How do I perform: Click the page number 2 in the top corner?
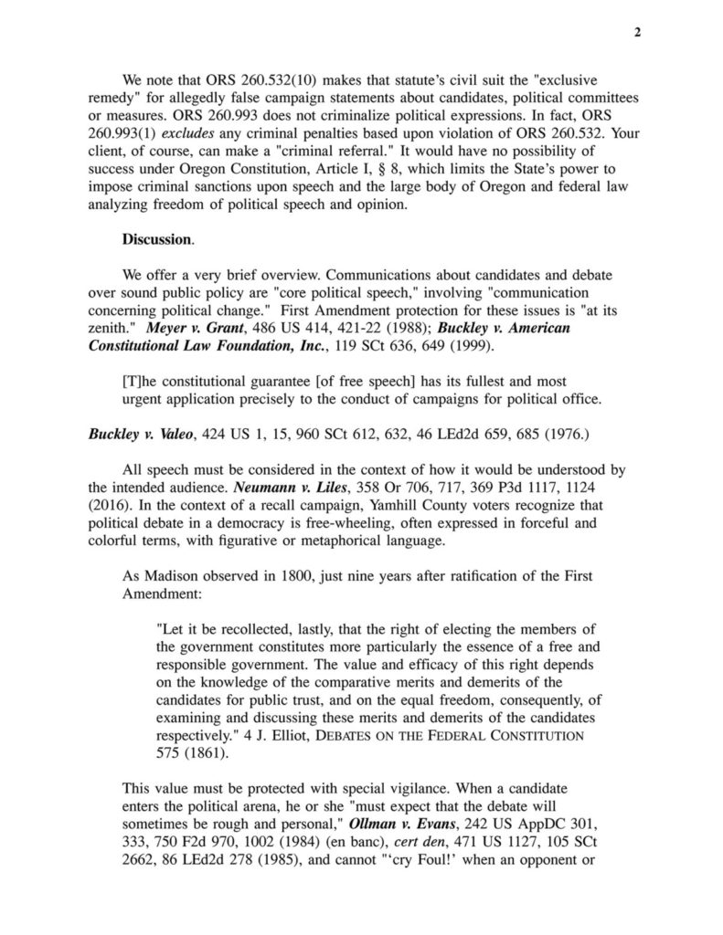coord(637,33)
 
